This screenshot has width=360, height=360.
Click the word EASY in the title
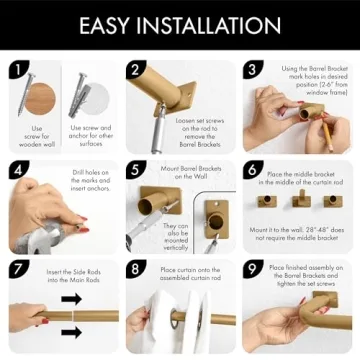click(x=113, y=25)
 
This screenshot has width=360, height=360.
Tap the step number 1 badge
click(x=17, y=70)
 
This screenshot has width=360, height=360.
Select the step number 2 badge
click(x=136, y=70)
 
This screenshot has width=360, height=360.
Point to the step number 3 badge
click(x=253, y=70)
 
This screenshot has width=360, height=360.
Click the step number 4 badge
click(x=17, y=170)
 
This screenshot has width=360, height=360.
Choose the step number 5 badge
click(x=136, y=170)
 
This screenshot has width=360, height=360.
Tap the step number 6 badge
click(x=253, y=170)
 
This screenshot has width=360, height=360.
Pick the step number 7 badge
click(x=17, y=269)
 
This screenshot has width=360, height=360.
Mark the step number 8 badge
click(x=136, y=269)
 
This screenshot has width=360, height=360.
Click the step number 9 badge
click(x=253, y=269)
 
